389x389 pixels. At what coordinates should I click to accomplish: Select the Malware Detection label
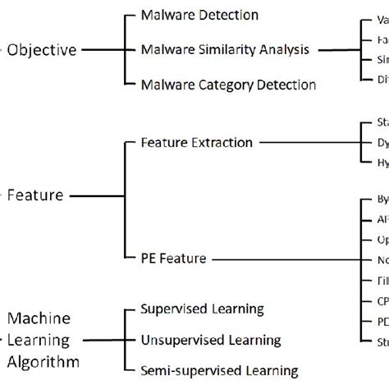pyautogui.click(x=199, y=16)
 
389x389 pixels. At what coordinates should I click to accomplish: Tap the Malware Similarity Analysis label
pyautogui.click(x=226, y=49)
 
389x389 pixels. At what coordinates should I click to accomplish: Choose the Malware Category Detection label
pyautogui.click(x=228, y=84)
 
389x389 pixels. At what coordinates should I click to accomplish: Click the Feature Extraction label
pyautogui.click(x=197, y=142)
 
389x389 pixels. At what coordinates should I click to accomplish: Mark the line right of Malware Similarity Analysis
pyautogui.click(x=336, y=49)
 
